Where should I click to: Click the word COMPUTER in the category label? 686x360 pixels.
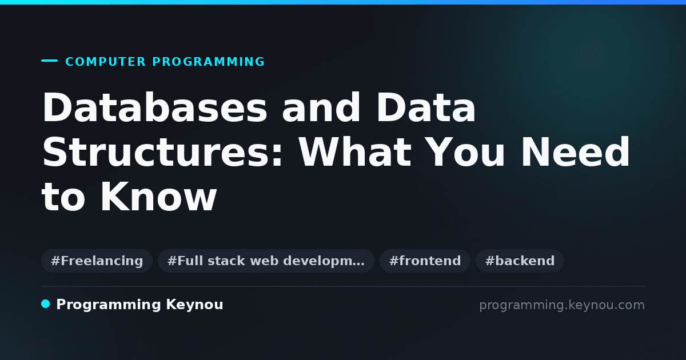tap(106, 62)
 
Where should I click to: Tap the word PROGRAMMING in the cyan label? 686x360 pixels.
tap(209, 62)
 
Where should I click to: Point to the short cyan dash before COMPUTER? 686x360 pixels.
tap(49, 61)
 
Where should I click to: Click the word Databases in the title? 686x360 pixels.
tap(155, 107)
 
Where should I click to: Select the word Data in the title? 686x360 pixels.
tap(426, 107)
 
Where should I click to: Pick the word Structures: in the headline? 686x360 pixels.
tap(162, 152)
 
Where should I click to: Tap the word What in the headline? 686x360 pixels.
tap(355, 152)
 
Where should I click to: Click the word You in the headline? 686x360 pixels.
tap(465, 152)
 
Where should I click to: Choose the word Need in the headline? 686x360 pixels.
tap(576, 152)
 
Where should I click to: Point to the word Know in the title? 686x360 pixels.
tap(159, 197)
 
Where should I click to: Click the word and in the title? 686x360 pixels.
tap(321, 107)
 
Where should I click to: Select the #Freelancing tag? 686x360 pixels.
tap(97, 261)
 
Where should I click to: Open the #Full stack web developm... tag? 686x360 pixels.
tap(266, 261)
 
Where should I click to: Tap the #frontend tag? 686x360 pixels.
tap(425, 261)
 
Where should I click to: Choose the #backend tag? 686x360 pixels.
tap(520, 261)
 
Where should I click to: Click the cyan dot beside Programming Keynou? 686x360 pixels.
tap(46, 304)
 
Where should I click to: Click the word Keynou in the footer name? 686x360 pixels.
tap(194, 305)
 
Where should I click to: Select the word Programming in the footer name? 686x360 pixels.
tap(109, 305)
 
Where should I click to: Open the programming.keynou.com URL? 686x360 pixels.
tap(562, 305)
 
